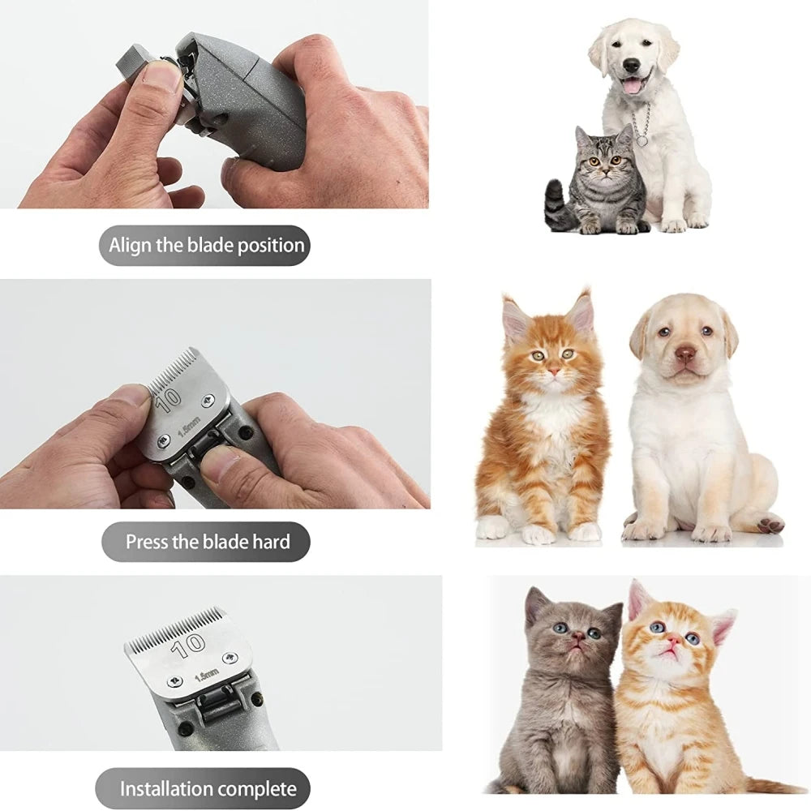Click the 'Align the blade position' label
[x=206, y=245]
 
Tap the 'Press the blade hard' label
[x=206, y=542]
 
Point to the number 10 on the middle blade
[x=169, y=400]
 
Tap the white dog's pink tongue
[x=631, y=84]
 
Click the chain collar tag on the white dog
[x=642, y=140]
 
